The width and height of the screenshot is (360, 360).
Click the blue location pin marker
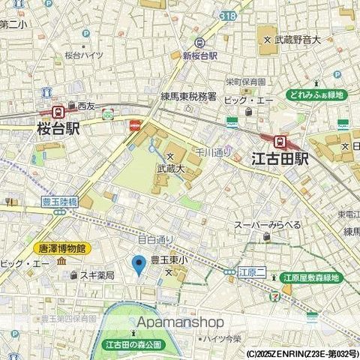coord(138,265)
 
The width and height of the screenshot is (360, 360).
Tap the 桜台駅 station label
coord(58,129)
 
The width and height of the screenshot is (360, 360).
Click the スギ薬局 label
coord(97,276)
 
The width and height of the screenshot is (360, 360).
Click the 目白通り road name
coord(154,239)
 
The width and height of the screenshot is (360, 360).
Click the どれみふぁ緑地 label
coord(314,95)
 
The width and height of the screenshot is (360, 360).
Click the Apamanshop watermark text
coord(181,322)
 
